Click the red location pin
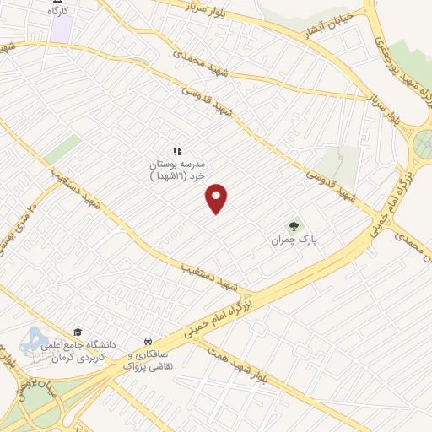coord(218,197)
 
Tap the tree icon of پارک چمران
coord(294,225)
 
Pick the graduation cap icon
coord(78,332)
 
